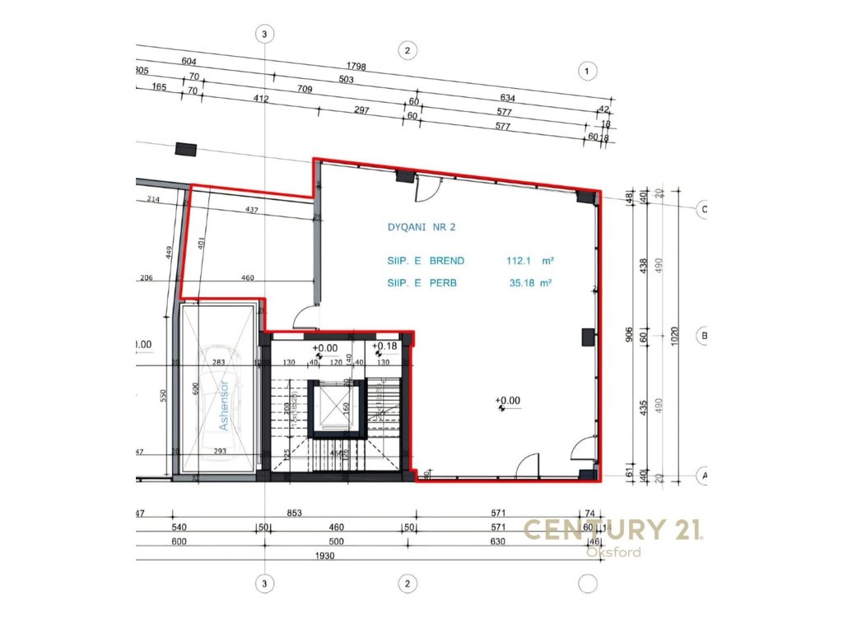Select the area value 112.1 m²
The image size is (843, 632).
click(x=529, y=261)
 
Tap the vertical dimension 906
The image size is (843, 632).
click(x=629, y=333)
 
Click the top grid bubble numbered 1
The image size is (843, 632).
click(x=587, y=72)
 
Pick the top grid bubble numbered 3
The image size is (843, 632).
click(x=263, y=34)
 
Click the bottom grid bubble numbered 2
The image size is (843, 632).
click(x=407, y=583)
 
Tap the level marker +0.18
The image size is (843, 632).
click(x=384, y=346)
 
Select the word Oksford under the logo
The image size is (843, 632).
click(x=612, y=552)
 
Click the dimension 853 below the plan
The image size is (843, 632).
click(x=295, y=513)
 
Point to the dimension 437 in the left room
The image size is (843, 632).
click(x=252, y=211)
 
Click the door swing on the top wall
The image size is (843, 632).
click(x=427, y=191)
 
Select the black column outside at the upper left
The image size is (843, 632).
click(x=187, y=149)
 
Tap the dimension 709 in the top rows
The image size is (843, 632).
click(x=306, y=89)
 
